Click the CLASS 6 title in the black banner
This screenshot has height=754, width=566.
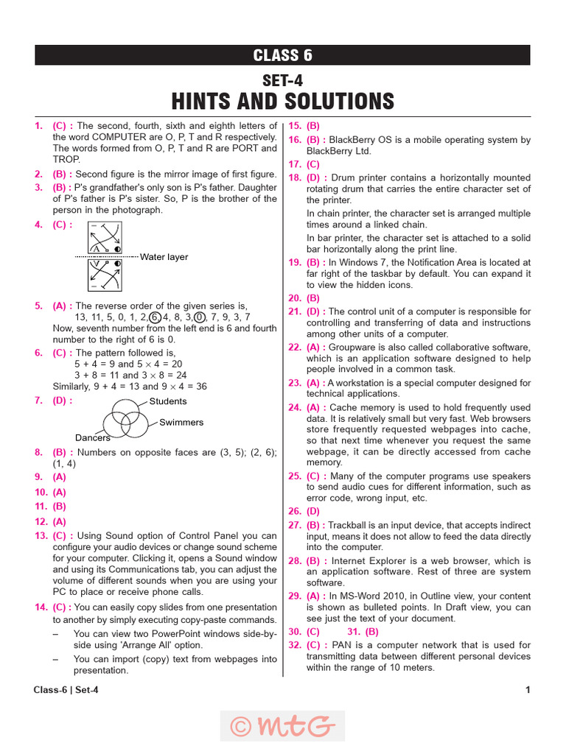[282, 55]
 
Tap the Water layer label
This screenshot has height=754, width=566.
[164, 257]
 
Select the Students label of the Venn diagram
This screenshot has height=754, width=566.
[168, 401]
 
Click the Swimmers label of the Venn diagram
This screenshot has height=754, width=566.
[181, 423]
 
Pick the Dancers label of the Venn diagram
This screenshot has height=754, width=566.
[93, 437]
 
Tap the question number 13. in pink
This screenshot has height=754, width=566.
[41, 535]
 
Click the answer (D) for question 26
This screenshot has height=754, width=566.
[313, 510]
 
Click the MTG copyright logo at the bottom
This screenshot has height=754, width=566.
[282, 726]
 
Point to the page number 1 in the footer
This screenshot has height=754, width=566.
[528, 690]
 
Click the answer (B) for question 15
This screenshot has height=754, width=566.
[313, 126]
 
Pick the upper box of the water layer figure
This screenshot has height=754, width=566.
[105, 238]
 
